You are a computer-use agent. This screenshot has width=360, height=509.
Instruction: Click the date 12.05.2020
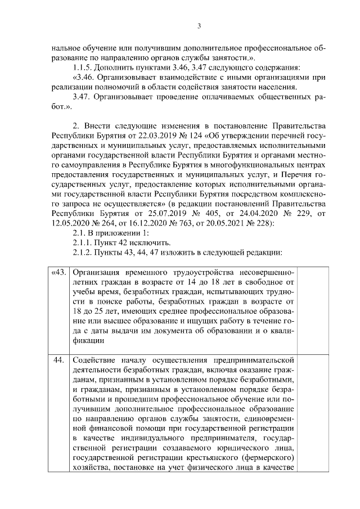(x=70, y=223)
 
